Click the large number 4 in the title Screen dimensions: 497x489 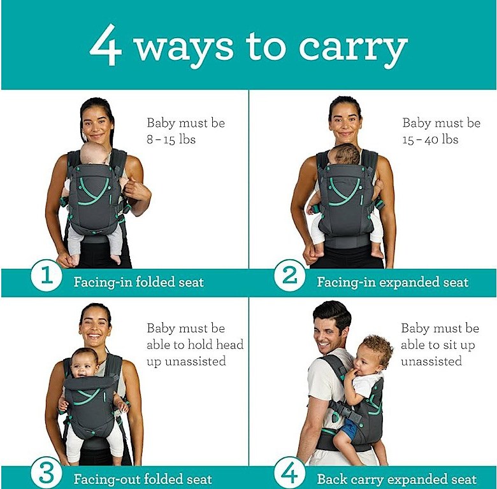(x=106, y=45)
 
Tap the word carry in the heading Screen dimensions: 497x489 (x=353, y=49)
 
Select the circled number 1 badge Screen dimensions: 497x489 (x=47, y=275)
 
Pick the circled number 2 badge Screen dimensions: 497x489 (x=289, y=275)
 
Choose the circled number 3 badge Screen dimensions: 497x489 (x=47, y=473)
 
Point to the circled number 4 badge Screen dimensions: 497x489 (x=289, y=473)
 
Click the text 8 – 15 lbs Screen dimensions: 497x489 (x=171, y=139)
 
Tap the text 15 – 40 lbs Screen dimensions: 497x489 (x=431, y=139)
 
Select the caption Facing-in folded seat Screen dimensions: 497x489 (x=138, y=282)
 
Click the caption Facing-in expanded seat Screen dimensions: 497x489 (x=393, y=282)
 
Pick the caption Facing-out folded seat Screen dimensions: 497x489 (x=143, y=479)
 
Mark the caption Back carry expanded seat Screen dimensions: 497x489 (x=397, y=479)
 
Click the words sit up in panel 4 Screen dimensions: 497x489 (x=458, y=345)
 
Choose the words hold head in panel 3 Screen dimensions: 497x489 (x=216, y=344)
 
